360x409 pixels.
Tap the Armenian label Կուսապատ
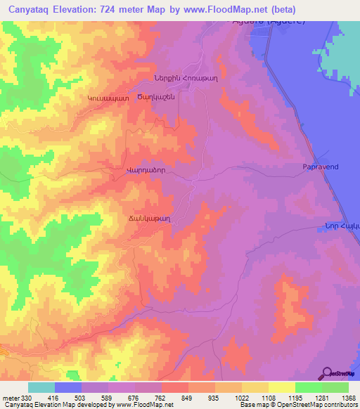click(108, 99)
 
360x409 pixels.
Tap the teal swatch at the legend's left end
click(41, 387)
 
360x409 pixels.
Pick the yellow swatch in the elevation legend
click(282, 387)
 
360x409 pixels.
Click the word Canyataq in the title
click(27, 10)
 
